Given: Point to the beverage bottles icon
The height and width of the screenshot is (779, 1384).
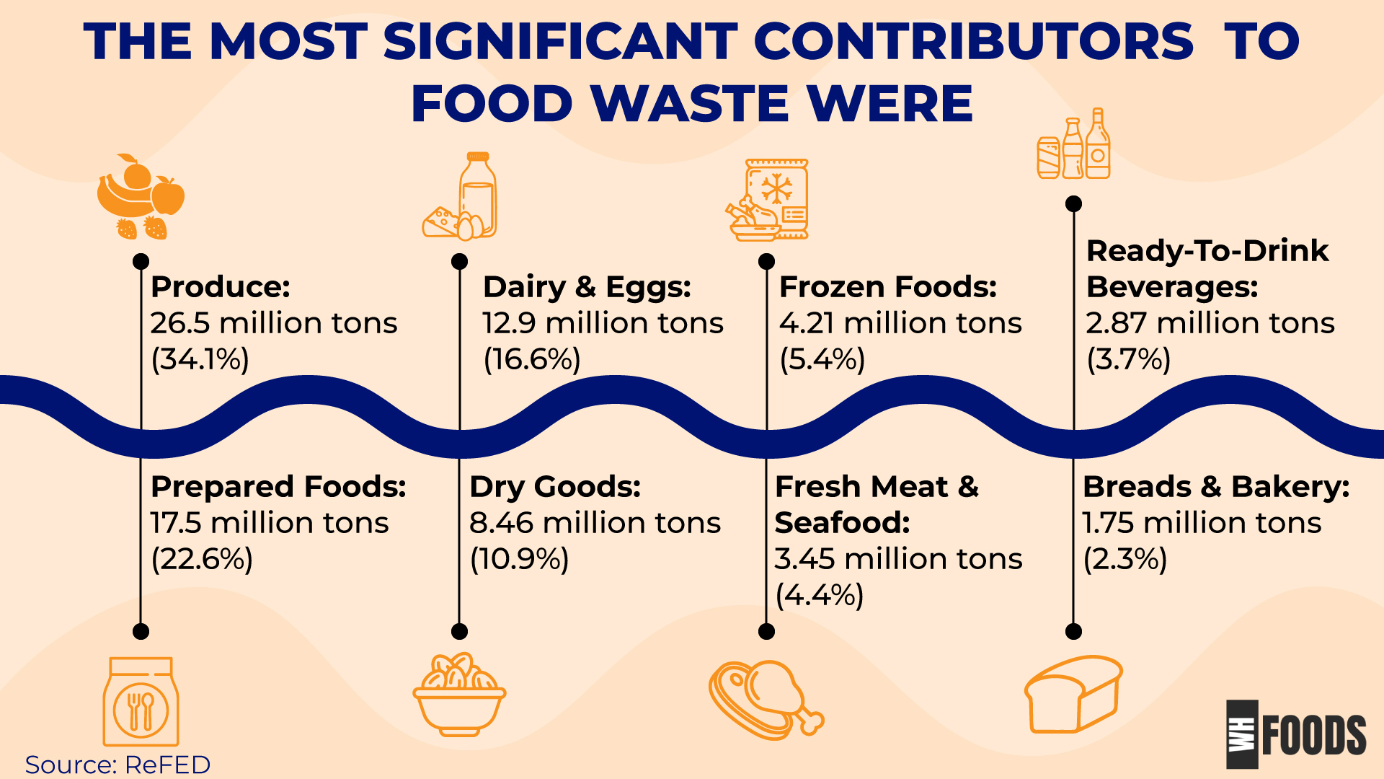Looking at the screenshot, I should pyautogui.click(x=1073, y=144).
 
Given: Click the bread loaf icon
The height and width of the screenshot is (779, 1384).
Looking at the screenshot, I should pyautogui.click(x=1073, y=694).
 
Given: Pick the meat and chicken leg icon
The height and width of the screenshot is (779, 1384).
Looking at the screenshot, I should pyautogui.click(x=766, y=699).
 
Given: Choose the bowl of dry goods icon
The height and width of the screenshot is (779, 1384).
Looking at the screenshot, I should pyautogui.click(x=459, y=694).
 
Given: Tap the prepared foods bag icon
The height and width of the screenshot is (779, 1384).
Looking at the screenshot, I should pyautogui.click(x=141, y=701).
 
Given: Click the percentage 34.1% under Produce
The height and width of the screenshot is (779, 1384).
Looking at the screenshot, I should pyautogui.click(x=200, y=359).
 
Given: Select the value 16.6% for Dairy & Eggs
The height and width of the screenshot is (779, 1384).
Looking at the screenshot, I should pyautogui.click(x=532, y=359).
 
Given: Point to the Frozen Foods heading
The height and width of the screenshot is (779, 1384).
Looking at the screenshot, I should pyautogui.click(x=888, y=287).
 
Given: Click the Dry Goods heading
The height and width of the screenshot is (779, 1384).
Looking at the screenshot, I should pyautogui.click(x=555, y=487).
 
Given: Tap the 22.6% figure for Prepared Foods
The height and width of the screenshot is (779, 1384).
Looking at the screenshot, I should pyautogui.click(x=202, y=559).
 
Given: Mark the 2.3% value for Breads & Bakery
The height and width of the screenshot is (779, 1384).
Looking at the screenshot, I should pyautogui.click(x=1125, y=559).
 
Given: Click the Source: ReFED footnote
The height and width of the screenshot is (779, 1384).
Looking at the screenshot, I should pyautogui.click(x=117, y=765).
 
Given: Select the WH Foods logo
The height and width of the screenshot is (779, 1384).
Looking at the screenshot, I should pyautogui.click(x=1296, y=734).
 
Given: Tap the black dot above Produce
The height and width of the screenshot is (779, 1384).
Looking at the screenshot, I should pyautogui.click(x=141, y=261).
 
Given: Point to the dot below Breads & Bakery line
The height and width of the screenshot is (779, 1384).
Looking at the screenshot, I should pyautogui.click(x=1073, y=632).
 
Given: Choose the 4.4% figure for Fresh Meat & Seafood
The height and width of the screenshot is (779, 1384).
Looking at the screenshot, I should pyautogui.click(x=820, y=596).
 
